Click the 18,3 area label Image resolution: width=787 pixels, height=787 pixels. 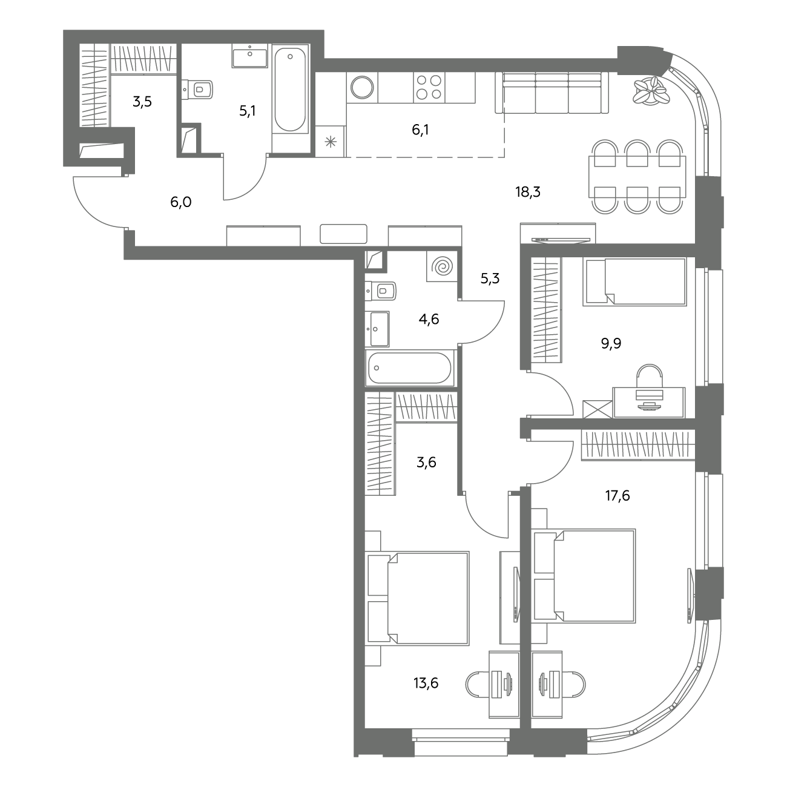[528, 191]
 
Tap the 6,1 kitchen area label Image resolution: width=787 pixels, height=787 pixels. [420, 130]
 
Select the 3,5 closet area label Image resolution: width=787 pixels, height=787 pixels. [142, 102]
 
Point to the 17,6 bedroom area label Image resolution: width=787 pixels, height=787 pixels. [617, 496]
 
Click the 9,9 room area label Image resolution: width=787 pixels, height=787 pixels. [611, 343]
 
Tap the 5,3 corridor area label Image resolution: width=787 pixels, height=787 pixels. [490, 278]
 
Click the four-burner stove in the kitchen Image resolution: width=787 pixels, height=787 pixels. [429, 87]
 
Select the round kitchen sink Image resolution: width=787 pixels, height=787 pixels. [362, 87]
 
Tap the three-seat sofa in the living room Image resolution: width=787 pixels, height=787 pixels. [552, 93]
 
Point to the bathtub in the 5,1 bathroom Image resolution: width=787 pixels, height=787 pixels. [290, 90]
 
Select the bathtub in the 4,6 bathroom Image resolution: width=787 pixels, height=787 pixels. [410, 368]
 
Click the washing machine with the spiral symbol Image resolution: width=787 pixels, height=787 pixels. [442, 267]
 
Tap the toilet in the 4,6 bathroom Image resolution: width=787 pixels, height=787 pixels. [381, 291]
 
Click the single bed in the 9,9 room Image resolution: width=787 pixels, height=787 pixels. [634, 282]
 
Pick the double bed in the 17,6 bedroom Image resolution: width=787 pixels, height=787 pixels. [584, 576]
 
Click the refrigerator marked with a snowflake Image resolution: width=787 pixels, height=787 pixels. [331, 141]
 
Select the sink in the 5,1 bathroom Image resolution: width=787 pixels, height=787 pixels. [250, 56]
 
